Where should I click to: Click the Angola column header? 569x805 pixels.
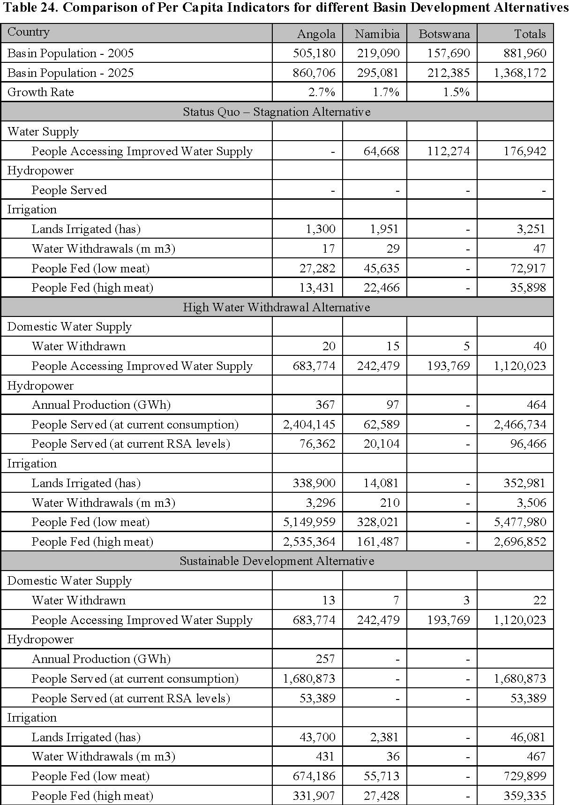pyautogui.click(x=316, y=34)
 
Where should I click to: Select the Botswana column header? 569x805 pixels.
pyautogui.click(x=444, y=34)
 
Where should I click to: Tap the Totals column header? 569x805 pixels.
pyautogui.click(x=530, y=34)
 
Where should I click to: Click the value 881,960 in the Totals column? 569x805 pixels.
pyautogui.click(x=525, y=53)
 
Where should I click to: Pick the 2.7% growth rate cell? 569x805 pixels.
pyautogui.click(x=322, y=92)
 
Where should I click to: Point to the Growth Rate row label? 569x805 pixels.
pyautogui.click(x=41, y=92)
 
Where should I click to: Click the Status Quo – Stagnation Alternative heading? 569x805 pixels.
pyautogui.click(x=277, y=112)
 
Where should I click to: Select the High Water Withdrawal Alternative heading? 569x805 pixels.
pyautogui.click(x=277, y=307)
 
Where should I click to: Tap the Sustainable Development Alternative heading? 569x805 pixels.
pyautogui.click(x=277, y=561)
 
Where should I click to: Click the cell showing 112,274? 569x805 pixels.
pyautogui.click(x=448, y=151)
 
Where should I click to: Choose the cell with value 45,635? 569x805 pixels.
pyautogui.click(x=382, y=268)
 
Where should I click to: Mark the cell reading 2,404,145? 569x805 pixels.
pyautogui.click(x=309, y=424)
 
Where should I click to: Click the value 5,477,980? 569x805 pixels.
pyautogui.click(x=520, y=522)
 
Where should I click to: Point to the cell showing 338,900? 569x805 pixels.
pyautogui.click(x=314, y=483)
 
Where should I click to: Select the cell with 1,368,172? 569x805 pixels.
pyautogui.click(x=520, y=73)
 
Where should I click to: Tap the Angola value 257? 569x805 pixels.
pyautogui.click(x=325, y=659)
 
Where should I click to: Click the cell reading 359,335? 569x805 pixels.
pyautogui.click(x=525, y=796)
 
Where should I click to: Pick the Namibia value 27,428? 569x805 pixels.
pyautogui.click(x=382, y=796)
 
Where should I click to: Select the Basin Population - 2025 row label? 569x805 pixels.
pyautogui.click(x=70, y=73)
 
